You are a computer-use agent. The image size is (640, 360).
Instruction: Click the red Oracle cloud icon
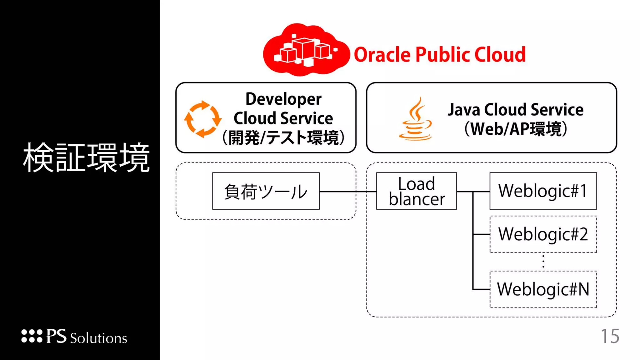[306, 50]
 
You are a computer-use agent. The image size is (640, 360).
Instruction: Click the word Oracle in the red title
[382, 55]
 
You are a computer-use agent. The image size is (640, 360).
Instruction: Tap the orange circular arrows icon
[202, 119]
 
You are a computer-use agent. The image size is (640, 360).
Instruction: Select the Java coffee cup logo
[416, 120]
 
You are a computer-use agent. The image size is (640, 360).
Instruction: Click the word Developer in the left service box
[283, 99]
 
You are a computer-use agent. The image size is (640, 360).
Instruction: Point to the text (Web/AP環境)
[516, 129]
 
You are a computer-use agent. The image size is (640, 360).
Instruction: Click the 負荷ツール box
[266, 191]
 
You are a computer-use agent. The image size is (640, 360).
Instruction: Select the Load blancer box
[416, 191]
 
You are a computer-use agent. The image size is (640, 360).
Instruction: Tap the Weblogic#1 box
[543, 191]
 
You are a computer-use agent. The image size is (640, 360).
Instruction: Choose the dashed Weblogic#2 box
[543, 234]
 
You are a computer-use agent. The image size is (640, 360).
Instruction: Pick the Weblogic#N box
[543, 289]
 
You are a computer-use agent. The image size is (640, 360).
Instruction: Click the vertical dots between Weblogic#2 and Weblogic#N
[543, 262]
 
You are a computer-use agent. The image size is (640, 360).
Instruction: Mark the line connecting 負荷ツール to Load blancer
[347, 192]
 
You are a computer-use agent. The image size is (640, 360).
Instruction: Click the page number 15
[610, 336]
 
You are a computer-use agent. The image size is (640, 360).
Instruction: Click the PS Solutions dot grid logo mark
[32, 336]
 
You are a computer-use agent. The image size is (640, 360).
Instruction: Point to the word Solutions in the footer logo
[98, 338]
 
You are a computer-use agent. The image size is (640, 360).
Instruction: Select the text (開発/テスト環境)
[283, 137]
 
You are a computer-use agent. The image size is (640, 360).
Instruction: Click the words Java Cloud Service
[516, 110]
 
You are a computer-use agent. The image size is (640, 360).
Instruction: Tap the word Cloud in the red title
[500, 55]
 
